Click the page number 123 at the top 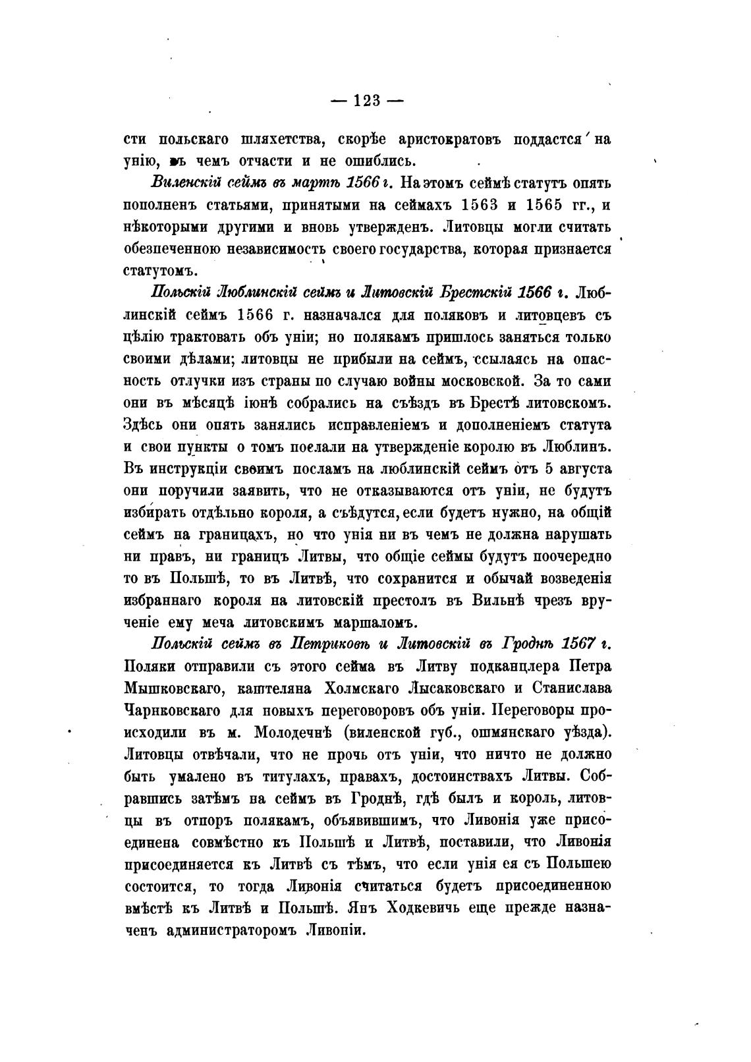[366, 100]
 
